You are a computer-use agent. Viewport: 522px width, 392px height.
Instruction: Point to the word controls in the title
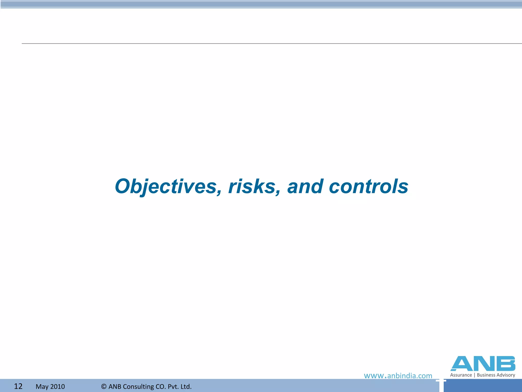369,187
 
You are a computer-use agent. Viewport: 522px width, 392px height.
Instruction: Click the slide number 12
18,386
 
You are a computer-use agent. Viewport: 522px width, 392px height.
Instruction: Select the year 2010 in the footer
57,387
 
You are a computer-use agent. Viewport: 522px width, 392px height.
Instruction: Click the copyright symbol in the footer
104,387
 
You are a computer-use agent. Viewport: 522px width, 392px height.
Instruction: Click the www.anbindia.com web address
398,376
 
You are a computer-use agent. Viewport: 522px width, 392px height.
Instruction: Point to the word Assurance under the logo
461,375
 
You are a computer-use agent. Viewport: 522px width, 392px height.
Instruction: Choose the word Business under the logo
486,375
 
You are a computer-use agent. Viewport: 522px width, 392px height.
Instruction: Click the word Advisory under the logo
506,375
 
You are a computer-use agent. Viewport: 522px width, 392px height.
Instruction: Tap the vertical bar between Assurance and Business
474,375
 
